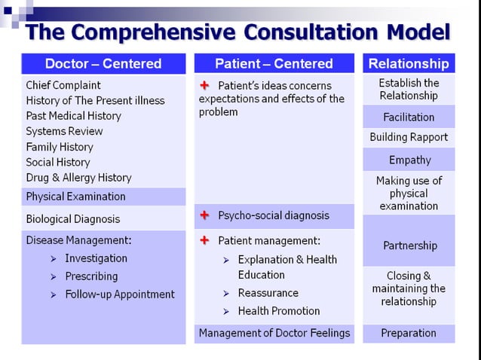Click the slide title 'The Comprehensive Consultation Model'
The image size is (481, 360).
pos(238,32)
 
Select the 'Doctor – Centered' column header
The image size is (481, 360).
pos(103,63)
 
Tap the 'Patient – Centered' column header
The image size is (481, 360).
pos(274,63)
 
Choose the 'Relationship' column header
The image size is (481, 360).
pos(409,63)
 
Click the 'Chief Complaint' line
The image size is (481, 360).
pos(63,85)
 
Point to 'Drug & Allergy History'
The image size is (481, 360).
pos(78,178)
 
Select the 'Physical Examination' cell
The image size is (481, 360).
pos(75,197)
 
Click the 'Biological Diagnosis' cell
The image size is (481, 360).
pos(73,219)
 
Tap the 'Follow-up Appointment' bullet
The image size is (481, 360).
pos(119,294)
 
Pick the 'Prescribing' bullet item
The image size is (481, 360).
pos(91,276)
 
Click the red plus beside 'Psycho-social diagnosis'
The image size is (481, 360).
pos(204,215)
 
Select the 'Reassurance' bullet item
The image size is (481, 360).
pos(268,293)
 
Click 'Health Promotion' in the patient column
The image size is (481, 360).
pos(278,311)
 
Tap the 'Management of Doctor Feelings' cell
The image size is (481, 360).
pos(274,333)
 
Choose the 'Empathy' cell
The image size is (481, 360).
pos(409,160)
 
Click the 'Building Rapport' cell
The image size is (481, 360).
pos(409,137)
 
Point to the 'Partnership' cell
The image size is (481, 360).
pos(409,246)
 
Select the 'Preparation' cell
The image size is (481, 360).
pos(409,333)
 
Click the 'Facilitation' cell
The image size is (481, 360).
pos(409,117)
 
